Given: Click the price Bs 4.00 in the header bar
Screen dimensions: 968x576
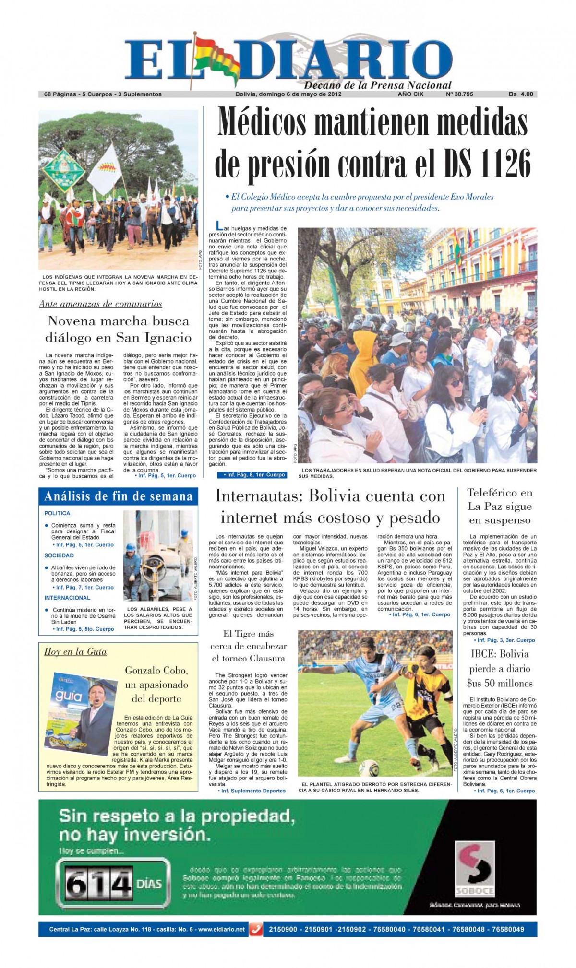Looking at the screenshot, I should pos(521,94).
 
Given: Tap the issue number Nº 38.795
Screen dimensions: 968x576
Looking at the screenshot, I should pos(459,94).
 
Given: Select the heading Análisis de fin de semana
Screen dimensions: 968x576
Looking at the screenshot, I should pos(118,497).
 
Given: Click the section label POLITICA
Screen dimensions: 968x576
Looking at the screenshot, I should pos(57,513).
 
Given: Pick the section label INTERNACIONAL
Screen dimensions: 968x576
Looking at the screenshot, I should pos(67,598).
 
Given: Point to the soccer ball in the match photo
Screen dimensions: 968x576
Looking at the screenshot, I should pos(369,767).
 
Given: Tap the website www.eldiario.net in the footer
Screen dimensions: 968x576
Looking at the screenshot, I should pos(221,929).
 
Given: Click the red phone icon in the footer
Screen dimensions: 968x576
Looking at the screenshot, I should pos(256,929).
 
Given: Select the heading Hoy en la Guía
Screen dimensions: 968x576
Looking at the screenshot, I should pos(75,652).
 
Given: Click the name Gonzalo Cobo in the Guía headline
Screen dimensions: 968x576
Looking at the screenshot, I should pos(156,670).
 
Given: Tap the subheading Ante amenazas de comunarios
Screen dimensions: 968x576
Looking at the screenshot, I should pos(100,304).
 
